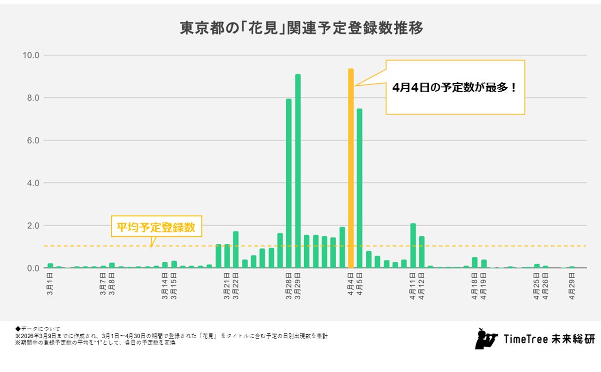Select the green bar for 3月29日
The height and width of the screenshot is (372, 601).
[298, 171]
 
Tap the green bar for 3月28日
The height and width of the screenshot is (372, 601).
[289, 183]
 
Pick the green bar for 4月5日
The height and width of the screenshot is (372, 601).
[360, 188]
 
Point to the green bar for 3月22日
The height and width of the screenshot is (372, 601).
[236, 249]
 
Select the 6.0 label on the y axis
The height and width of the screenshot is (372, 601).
[33, 140]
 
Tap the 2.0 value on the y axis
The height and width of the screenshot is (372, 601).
[33, 225]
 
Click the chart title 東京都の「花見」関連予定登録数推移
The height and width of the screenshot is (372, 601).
[301, 28]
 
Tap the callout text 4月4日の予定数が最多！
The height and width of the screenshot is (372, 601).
[455, 87]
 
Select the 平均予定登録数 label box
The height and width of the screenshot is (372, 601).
[156, 228]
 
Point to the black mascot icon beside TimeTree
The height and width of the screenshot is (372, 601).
[485, 339]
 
